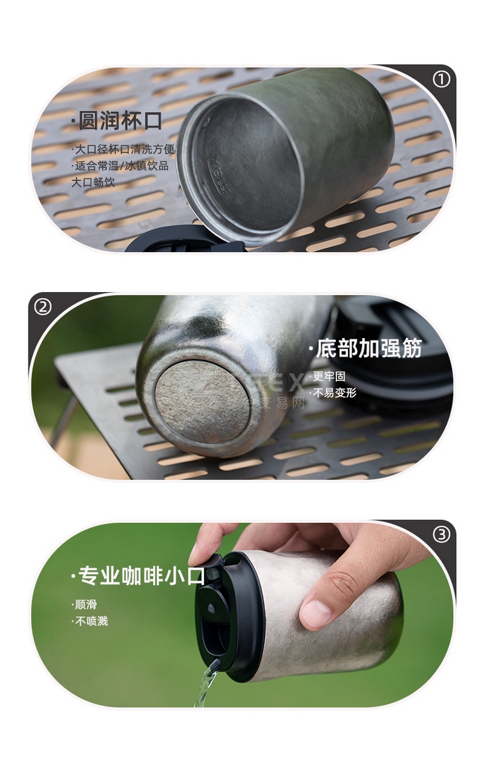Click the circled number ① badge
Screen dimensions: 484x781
(441, 80)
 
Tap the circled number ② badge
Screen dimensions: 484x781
(43, 307)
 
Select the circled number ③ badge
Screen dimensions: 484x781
(442, 534)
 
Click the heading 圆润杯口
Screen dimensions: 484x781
(117, 121)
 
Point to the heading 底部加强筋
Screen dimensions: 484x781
(365, 348)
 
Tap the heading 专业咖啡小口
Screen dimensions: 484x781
(138, 576)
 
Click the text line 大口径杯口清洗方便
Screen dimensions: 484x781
(123, 149)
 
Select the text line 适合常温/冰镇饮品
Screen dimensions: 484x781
(120, 165)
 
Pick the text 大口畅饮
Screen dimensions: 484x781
(93, 182)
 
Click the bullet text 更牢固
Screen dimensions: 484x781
(327, 376)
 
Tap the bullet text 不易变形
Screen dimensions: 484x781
(333, 393)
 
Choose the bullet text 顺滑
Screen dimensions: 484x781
(84, 604)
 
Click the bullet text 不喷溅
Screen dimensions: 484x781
(90, 621)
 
